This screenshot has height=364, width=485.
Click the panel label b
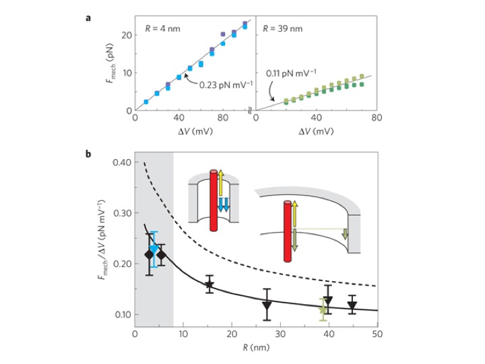pyautogui.click(x=89, y=154)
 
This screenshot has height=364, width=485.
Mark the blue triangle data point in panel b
pyautogui.click(x=154, y=249)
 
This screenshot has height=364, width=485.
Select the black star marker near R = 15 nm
pyautogui.click(x=209, y=284)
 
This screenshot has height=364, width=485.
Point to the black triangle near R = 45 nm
pyautogui.click(x=352, y=306)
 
